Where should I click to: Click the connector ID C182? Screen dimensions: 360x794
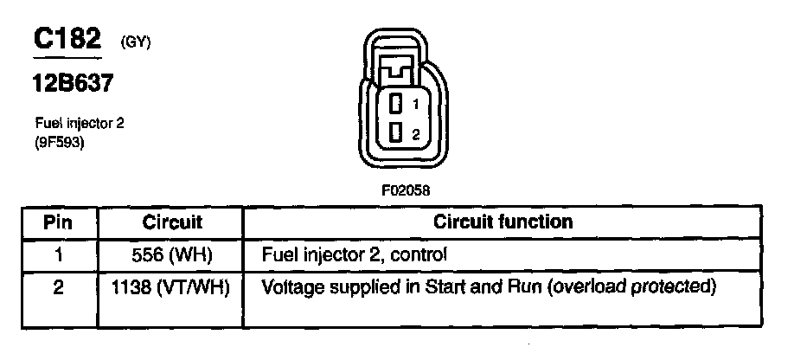[67, 39]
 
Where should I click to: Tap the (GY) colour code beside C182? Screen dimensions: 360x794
[136, 42]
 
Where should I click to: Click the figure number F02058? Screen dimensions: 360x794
[406, 190]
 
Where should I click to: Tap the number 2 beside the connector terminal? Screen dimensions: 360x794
[416, 133]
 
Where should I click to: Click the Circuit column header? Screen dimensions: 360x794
[170, 222]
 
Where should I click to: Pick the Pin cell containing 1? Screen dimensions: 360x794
[59, 254]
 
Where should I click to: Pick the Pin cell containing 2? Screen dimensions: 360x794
[59, 286]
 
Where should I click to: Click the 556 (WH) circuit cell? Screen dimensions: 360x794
[170, 254]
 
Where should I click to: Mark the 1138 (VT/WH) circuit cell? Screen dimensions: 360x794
[170, 286]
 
